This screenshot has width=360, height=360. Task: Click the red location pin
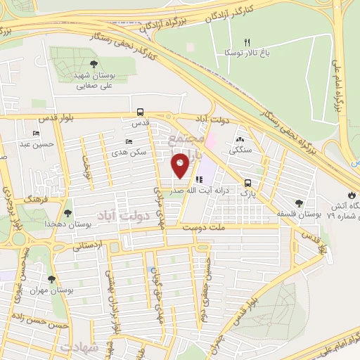(x=181, y=166)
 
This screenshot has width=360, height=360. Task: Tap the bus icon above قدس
(x=141, y=112)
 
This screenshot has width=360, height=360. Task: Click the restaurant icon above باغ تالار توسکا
(x=247, y=42)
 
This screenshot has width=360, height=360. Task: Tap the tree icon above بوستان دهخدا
(x=68, y=212)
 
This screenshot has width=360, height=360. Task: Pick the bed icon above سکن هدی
(x=129, y=141)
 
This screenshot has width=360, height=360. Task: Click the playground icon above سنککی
(x=241, y=139)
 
